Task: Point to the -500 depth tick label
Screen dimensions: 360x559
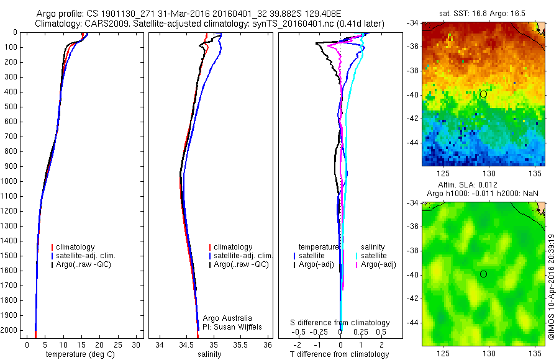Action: [11, 107]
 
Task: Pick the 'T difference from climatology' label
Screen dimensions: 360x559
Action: [340, 354]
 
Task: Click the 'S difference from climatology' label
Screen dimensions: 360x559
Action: [340, 323]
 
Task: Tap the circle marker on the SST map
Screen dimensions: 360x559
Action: [483, 94]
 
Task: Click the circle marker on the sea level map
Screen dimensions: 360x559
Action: [483, 274]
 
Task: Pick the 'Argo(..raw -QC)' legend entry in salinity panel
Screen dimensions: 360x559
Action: [241, 264]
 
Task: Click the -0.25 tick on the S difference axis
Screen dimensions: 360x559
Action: [321, 331]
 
